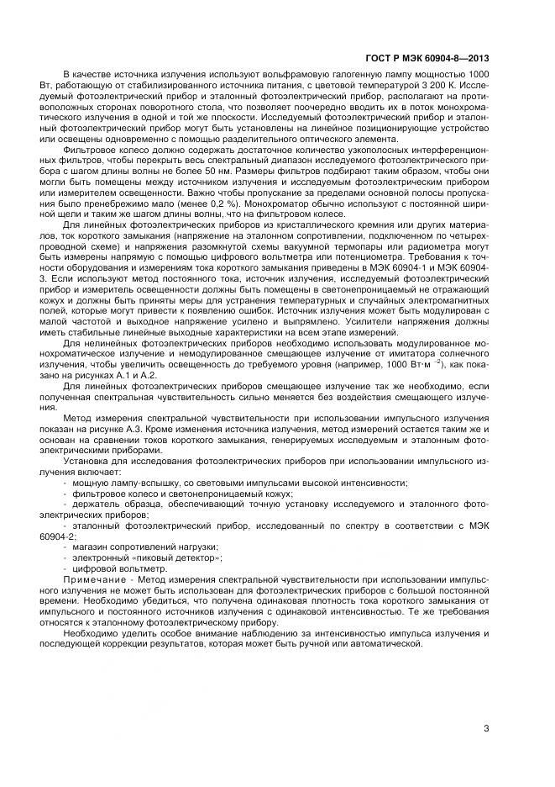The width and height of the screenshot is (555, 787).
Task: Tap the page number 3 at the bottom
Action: pyautogui.click(x=486, y=728)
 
